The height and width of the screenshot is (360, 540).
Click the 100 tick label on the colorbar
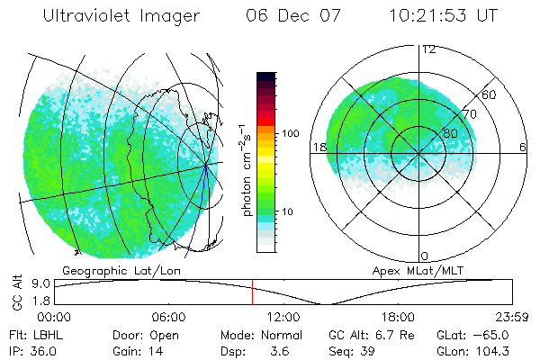point(291,133)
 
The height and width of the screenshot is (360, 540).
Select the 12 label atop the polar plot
point(428,49)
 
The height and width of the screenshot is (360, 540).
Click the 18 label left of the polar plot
point(318,147)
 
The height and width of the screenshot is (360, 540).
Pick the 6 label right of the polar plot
point(523,147)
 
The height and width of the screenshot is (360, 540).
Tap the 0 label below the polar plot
point(425,256)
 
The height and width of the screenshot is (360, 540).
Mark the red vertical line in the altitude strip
point(253,292)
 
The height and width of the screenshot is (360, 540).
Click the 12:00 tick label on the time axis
point(283,317)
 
